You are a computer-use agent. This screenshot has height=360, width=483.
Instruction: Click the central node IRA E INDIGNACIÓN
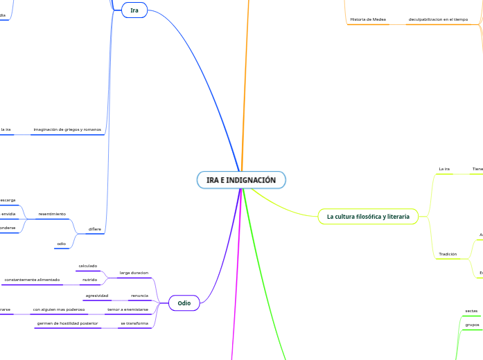pos(241,180)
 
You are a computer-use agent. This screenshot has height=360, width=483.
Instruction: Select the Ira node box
pos(134,10)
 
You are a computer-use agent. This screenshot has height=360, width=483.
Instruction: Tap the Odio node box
pos(184,303)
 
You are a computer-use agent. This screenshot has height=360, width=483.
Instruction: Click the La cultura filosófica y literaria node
pos(368,217)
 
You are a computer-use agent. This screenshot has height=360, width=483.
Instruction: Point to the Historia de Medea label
pos(368,19)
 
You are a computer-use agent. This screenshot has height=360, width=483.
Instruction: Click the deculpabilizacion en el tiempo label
pos(438,19)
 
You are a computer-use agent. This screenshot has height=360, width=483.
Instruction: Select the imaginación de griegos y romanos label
pos(67,129)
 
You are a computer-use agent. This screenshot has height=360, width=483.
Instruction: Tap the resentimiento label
pos(52,214)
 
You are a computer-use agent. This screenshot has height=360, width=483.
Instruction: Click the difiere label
pos(94,228)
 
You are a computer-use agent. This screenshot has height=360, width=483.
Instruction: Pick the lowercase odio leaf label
pos(61,243)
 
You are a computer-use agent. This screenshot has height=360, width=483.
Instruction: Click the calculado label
pos(88,266)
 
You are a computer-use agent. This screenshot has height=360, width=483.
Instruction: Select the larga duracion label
pos(134,273)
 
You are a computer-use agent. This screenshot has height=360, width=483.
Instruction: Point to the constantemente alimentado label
pos(32,280)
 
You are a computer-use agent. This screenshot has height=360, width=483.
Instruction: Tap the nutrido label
pos(89,280)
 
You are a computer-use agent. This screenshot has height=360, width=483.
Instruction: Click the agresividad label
pos(96,295)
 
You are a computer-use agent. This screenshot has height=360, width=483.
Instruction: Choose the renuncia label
pos(139,295)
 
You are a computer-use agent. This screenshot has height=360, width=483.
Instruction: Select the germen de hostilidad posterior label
pos(67,323)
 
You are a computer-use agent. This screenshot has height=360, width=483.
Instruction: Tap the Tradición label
pos(448,254)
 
